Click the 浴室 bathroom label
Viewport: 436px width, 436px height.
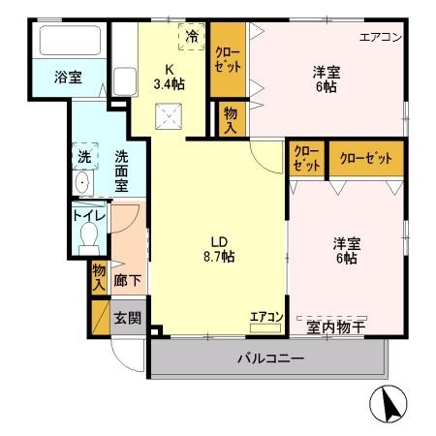click(68, 78)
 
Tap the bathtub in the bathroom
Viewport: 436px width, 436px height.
click(70, 40)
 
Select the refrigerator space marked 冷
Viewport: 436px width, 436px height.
click(192, 37)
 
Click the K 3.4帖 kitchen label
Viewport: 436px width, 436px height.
click(169, 77)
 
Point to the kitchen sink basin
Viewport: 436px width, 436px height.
click(125, 81)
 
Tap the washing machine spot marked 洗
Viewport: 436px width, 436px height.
click(85, 156)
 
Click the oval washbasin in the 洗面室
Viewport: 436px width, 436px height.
click(83, 183)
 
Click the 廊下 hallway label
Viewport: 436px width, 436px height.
click(128, 280)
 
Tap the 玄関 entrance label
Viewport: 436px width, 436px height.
click(128, 318)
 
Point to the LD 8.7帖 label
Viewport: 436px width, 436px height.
click(219, 249)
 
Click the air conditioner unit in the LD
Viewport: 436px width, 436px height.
click(265, 327)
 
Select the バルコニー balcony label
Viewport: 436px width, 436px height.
click(270, 358)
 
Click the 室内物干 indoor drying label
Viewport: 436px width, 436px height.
click(336, 327)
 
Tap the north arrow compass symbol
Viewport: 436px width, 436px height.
click(389, 404)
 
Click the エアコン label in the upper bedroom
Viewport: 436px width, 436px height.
click(381, 37)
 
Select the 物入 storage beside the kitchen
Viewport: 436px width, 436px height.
click(231, 119)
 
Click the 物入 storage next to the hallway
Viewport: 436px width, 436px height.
click(99, 278)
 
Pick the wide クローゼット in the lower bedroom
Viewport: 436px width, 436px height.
click(366, 158)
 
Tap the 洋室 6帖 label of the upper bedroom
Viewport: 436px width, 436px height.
click(327, 79)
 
